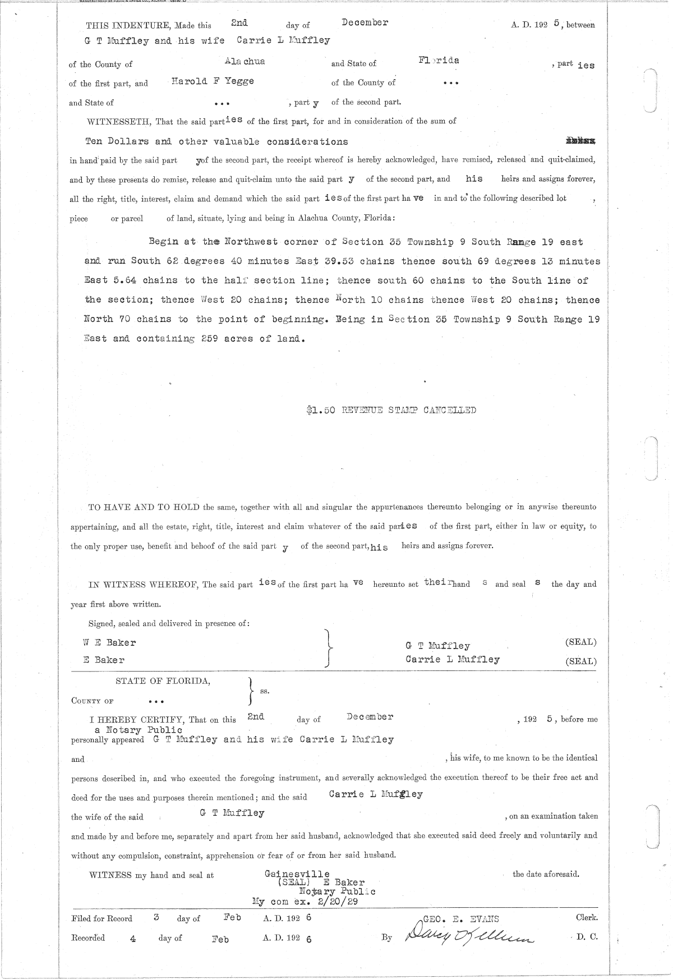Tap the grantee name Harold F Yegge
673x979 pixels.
213,81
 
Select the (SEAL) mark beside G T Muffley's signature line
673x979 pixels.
581,642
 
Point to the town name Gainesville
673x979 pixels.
297,874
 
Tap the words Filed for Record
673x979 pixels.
102,919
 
